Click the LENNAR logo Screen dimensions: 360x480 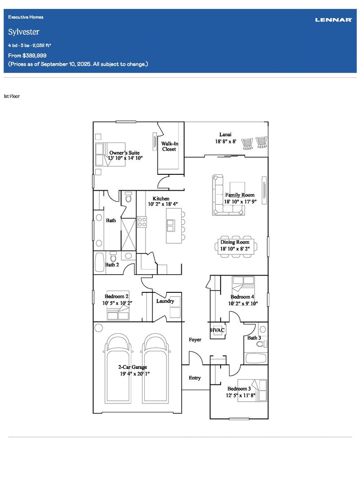tap(333, 20)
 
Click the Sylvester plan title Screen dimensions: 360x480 tap(23, 32)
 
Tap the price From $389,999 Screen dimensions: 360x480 tap(27, 55)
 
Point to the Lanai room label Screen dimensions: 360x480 tap(225, 134)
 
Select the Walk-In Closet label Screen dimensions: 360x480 tap(169, 146)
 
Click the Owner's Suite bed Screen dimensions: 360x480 tap(110, 154)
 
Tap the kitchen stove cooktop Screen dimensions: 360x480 tap(142, 222)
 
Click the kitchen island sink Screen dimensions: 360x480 tap(171, 226)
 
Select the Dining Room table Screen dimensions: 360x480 tap(236, 246)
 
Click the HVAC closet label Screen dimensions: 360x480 tap(217, 330)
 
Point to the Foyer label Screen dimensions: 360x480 tap(195, 339)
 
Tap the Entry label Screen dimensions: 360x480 tap(195, 378)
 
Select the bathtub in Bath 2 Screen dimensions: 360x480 tap(100, 262)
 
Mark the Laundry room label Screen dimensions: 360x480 tap(165, 301)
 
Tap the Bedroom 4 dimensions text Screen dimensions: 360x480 tap(243, 303)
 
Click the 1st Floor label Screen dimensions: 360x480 tap(11, 96)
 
